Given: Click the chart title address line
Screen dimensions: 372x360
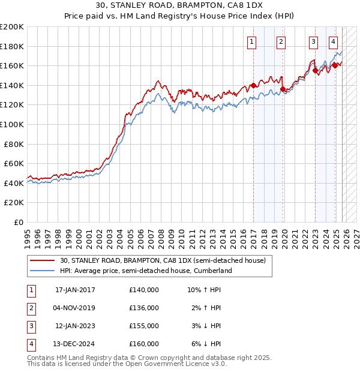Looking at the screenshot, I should coord(179,5).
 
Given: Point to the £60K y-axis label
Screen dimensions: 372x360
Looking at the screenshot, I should coord(13,163).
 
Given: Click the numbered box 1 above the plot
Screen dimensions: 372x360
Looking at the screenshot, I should coord(251,41).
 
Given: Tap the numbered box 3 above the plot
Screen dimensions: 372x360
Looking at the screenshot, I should coord(313,41).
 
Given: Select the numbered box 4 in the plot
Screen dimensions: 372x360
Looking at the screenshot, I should coord(333,41).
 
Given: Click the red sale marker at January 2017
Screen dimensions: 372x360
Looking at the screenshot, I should coord(253,85).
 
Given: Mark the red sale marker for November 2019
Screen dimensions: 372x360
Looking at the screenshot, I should coord(283,89).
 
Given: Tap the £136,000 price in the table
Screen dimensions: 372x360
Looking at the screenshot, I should coord(144,308).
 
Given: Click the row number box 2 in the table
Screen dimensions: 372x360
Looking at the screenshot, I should coord(31,308).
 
